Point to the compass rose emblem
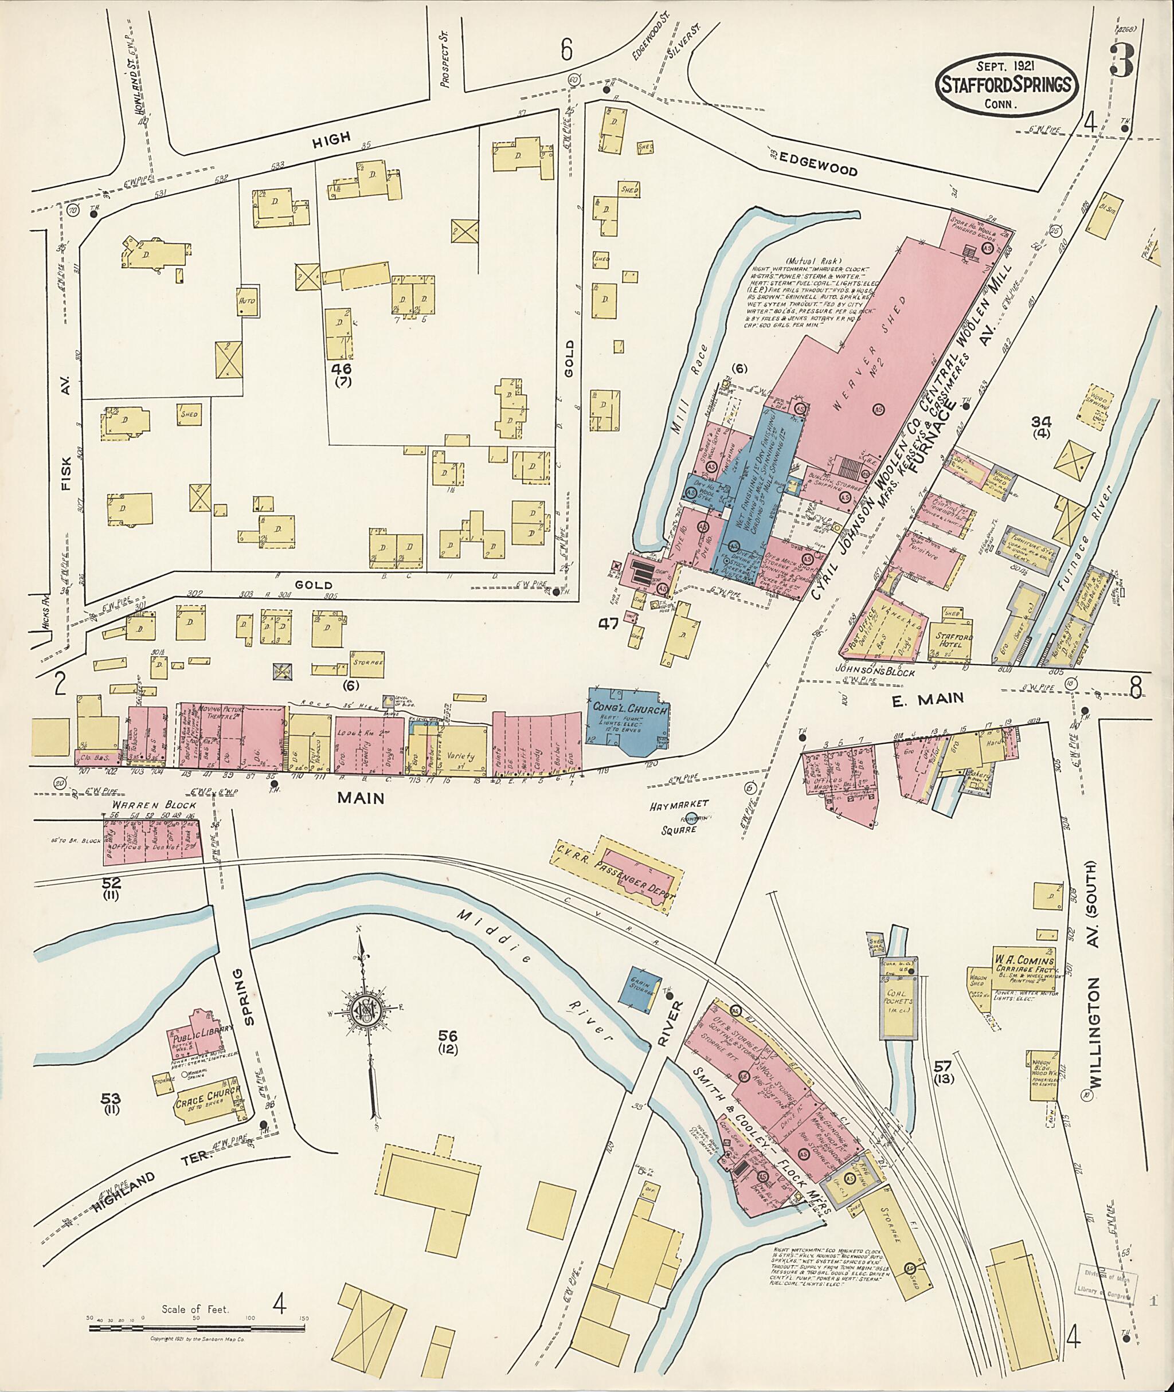click(x=365, y=1013)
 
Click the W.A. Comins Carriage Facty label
click(x=1024, y=967)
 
